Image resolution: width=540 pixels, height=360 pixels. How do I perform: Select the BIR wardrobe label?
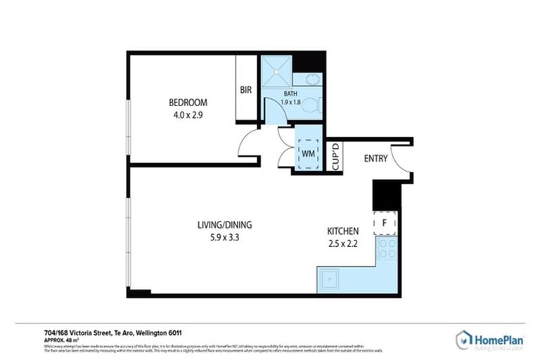point(246,90)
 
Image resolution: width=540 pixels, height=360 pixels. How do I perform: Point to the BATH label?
point(290,94)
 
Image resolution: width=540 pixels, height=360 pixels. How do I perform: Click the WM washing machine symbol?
point(308,152)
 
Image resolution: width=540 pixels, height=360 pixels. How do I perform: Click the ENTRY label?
point(375,159)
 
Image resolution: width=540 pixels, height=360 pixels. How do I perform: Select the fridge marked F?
point(385,222)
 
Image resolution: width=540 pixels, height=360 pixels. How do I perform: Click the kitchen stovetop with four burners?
point(387,249)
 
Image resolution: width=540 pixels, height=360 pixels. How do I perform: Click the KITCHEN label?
point(343,231)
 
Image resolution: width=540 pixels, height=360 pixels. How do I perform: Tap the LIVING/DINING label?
point(224,225)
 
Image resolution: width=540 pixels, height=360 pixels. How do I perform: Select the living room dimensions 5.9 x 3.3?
point(224,238)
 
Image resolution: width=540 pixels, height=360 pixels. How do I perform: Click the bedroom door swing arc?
point(247,144)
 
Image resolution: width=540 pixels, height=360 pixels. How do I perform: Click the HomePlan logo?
point(490,340)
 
